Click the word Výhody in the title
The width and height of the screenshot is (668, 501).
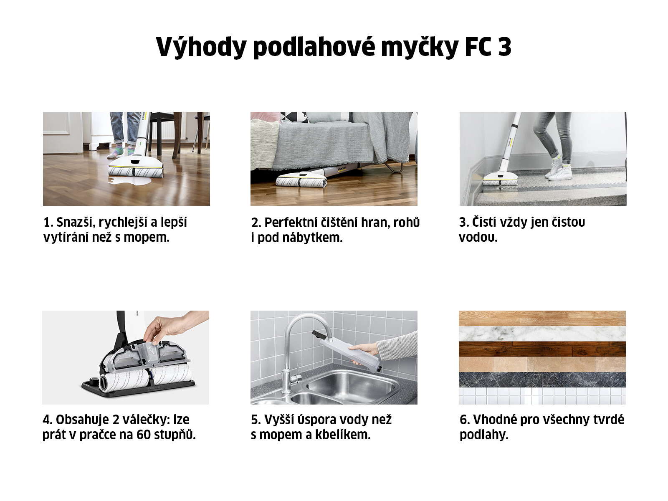point(201,47)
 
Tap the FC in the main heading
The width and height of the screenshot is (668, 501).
point(478,47)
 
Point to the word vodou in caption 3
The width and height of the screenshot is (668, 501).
point(478,237)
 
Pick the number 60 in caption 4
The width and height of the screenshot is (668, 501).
point(143,435)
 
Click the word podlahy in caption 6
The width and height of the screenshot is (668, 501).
point(484,435)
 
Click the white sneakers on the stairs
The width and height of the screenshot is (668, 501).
point(558,172)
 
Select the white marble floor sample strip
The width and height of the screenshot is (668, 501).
point(542,334)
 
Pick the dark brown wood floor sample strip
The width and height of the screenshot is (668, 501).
point(542,349)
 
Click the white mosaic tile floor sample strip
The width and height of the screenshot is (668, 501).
point(542,396)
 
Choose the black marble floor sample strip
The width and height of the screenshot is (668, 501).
point(542,380)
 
